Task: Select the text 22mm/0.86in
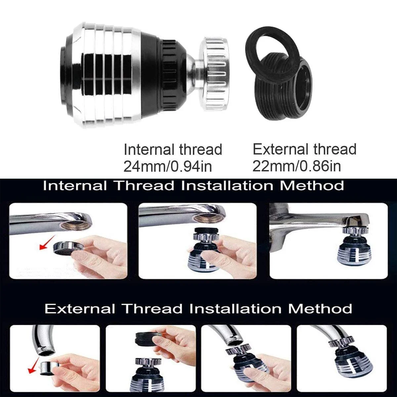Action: [296, 165]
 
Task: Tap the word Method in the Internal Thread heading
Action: [312, 185]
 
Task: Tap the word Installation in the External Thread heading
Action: [235, 309]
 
